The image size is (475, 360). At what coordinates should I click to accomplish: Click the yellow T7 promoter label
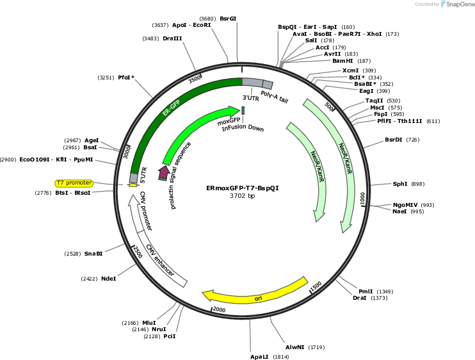74,183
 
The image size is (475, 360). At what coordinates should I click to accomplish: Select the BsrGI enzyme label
228,19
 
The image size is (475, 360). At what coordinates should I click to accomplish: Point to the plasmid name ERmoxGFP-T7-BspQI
243,188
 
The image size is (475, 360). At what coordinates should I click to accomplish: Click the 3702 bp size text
243,196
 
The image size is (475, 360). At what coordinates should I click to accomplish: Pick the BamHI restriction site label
342,61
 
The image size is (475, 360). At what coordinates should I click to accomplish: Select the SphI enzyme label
400,184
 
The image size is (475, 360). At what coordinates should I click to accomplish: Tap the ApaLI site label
259,357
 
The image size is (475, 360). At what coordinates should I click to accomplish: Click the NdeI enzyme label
108,279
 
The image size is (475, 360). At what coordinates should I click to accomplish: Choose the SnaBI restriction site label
93,254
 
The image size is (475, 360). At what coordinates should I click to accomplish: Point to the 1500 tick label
316,286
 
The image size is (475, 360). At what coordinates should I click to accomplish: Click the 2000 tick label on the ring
219,309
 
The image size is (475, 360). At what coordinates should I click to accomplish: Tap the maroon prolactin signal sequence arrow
164,173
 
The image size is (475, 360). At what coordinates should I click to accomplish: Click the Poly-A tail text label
275,97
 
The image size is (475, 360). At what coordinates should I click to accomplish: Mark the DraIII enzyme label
172,38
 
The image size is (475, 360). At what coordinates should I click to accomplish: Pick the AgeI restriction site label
92,140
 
